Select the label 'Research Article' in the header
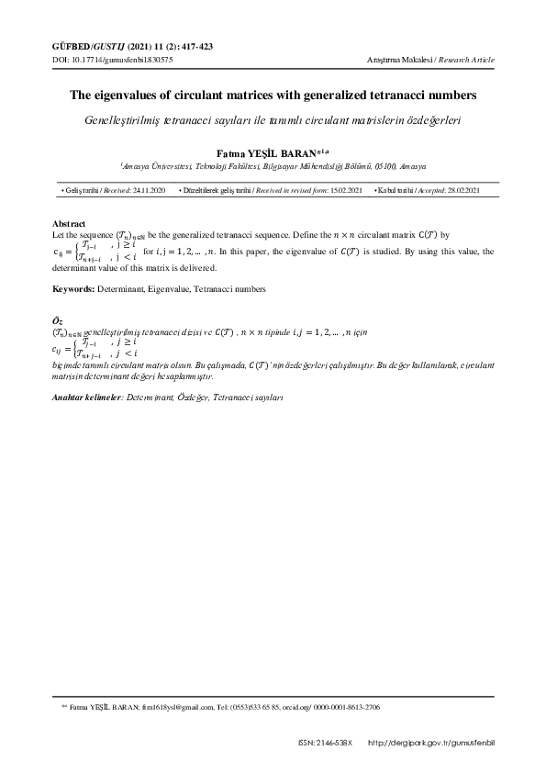(x=467, y=59)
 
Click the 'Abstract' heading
(x=69, y=224)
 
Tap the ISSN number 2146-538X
(x=336, y=742)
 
